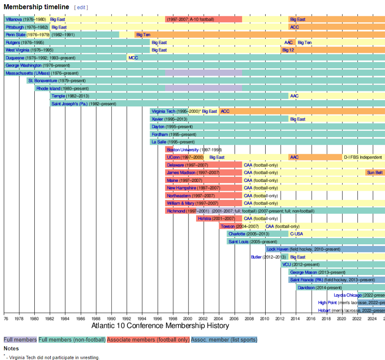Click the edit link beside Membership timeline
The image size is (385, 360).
coord(81,8)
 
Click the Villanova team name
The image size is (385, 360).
coord(14,19)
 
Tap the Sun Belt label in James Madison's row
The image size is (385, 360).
coord(375,173)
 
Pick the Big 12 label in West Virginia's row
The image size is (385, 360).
coord(288,50)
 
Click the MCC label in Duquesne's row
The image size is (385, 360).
coord(133,58)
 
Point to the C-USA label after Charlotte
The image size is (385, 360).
coord(296,234)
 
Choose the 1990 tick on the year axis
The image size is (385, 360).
coord(111,319)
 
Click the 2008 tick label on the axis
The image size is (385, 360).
coord(250,319)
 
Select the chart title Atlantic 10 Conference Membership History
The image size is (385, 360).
coord(160,326)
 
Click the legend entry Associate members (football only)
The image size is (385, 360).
coord(148,339)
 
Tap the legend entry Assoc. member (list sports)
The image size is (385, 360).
coord(224,339)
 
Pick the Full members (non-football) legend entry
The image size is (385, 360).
coord(72,339)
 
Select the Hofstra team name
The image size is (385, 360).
coord(204,219)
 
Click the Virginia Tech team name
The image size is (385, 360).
coord(163,111)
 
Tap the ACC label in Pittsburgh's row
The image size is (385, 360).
coord(295,27)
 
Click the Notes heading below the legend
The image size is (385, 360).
coord(11,348)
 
